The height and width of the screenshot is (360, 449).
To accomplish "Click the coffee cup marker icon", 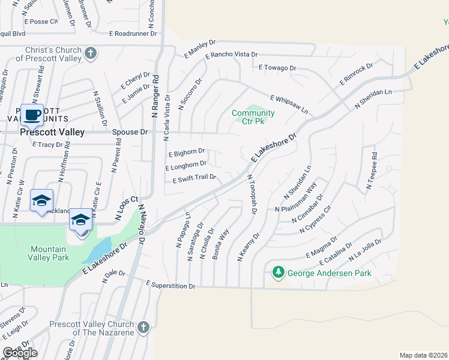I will click(31, 113).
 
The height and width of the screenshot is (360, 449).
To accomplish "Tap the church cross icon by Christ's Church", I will click(90, 54).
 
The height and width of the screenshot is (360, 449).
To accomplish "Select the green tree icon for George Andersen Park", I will click(278, 273).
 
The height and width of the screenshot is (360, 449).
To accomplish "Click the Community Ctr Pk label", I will click(253, 117).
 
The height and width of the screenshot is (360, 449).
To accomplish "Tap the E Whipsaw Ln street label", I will click(289, 104).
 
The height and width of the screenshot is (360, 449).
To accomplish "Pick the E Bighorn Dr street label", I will click(186, 152).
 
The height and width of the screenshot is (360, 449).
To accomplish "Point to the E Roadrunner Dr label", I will click(133, 34).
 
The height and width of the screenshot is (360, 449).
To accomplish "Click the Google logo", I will click(20, 353).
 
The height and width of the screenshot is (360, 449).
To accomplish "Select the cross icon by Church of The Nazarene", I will click(143, 328).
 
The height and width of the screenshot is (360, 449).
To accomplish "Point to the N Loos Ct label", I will click(126, 204).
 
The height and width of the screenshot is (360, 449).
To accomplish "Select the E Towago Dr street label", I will click(277, 68).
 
